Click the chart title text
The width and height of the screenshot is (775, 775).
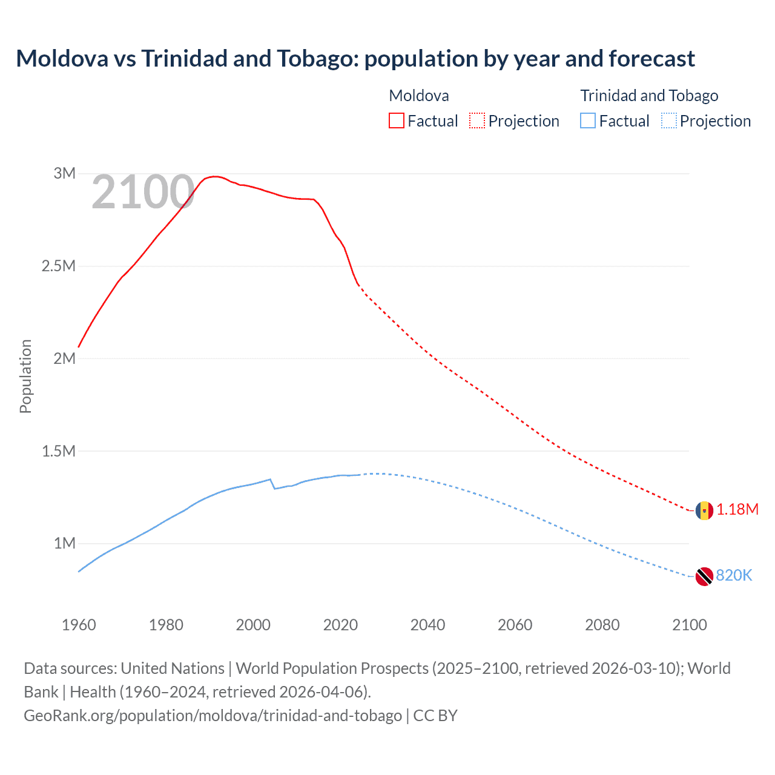(355, 59)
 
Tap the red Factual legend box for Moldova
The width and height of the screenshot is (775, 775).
(396, 120)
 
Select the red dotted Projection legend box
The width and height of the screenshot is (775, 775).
(477, 120)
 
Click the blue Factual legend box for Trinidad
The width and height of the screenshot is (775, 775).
(587, 120)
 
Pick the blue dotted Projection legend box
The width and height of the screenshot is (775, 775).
(668, 120)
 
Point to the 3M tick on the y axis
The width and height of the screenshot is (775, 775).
(64, 173)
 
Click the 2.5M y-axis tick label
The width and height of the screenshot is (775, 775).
(58, 266)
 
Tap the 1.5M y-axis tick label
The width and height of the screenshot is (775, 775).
(58, 451)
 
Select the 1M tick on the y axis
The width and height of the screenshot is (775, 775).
(64, 543)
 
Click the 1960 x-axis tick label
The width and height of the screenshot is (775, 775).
(79, 625)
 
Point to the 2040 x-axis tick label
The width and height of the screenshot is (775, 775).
(427, 625)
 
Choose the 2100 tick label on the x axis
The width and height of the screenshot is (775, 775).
(689, 625)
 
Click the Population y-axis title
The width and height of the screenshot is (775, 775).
(25, 376)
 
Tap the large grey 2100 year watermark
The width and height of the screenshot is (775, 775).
(143, 193)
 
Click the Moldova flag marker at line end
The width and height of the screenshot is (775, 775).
(704, 510)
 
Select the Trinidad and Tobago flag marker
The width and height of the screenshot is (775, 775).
(704, 576)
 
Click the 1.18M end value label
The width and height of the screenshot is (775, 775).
(737, 510)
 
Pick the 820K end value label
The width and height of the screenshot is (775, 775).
(734, 576)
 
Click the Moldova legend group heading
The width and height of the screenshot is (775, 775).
(418, 96)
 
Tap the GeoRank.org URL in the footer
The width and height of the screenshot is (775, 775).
(213, 716)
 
